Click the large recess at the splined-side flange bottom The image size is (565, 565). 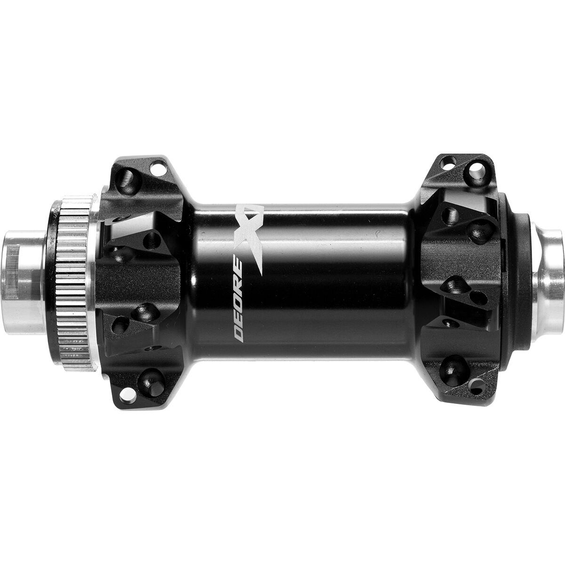pyautogui.click(x=150, y=377)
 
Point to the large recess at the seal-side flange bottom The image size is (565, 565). pyautogui.click(x=454, y=367)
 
